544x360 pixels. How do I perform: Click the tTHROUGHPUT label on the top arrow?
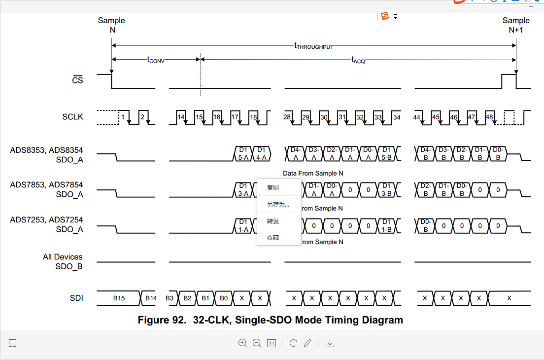(x=313, y=46)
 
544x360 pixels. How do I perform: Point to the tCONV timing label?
(x=156, y=60)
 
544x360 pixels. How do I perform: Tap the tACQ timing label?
(x=358, y=60)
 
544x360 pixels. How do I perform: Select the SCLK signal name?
(x=72, y=117)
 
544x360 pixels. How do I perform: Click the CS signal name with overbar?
(x=77, y=80)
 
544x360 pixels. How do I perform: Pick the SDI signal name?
(x=76, y=298)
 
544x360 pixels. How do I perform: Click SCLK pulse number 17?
(x=235, y=117)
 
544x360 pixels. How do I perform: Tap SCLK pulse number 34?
(x=397, y=117)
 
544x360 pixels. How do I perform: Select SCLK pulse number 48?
(x=489, y=117)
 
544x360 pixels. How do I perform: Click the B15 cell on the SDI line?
(x=119, y=298)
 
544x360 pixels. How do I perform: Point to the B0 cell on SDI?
(x=224, y=298)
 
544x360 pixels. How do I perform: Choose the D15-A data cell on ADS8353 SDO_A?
(x=243, y=153)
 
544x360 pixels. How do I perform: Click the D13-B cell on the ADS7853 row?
(x=386, y=189)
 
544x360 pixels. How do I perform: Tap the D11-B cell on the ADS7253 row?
(x=386, y=226)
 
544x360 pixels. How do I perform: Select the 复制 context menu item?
(x=272, y=188)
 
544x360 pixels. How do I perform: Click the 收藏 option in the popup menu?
(x=272, y=238)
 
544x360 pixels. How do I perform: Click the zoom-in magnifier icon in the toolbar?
(x=242, y=343)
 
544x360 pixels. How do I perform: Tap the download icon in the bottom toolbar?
(x=330, y=343)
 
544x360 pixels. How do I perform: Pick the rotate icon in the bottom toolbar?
(x=293, y=343)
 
